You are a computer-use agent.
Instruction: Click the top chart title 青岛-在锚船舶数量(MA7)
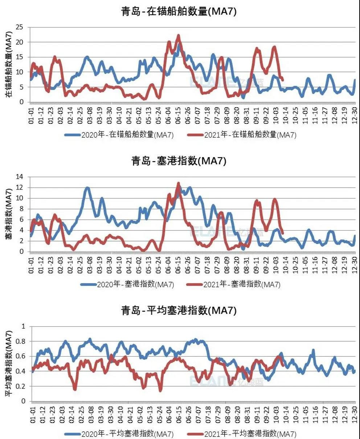pos(179,11)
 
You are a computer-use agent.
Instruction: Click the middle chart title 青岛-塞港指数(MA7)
pos(179,161)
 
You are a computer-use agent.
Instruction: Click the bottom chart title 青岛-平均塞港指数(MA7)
pos(179,310)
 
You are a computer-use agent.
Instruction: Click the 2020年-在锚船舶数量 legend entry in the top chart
pos(120,135)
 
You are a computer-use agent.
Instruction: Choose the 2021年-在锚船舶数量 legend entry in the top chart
pos(242,135)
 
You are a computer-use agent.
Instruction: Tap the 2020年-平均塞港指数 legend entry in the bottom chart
pos(120,434)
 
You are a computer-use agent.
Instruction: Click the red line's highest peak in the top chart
pos(178,36)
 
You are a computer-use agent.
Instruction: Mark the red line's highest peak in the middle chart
pos(178,183)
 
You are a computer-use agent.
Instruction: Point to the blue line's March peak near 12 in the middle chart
pos(87,188)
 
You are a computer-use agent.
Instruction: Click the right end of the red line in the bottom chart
pos(283,365)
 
